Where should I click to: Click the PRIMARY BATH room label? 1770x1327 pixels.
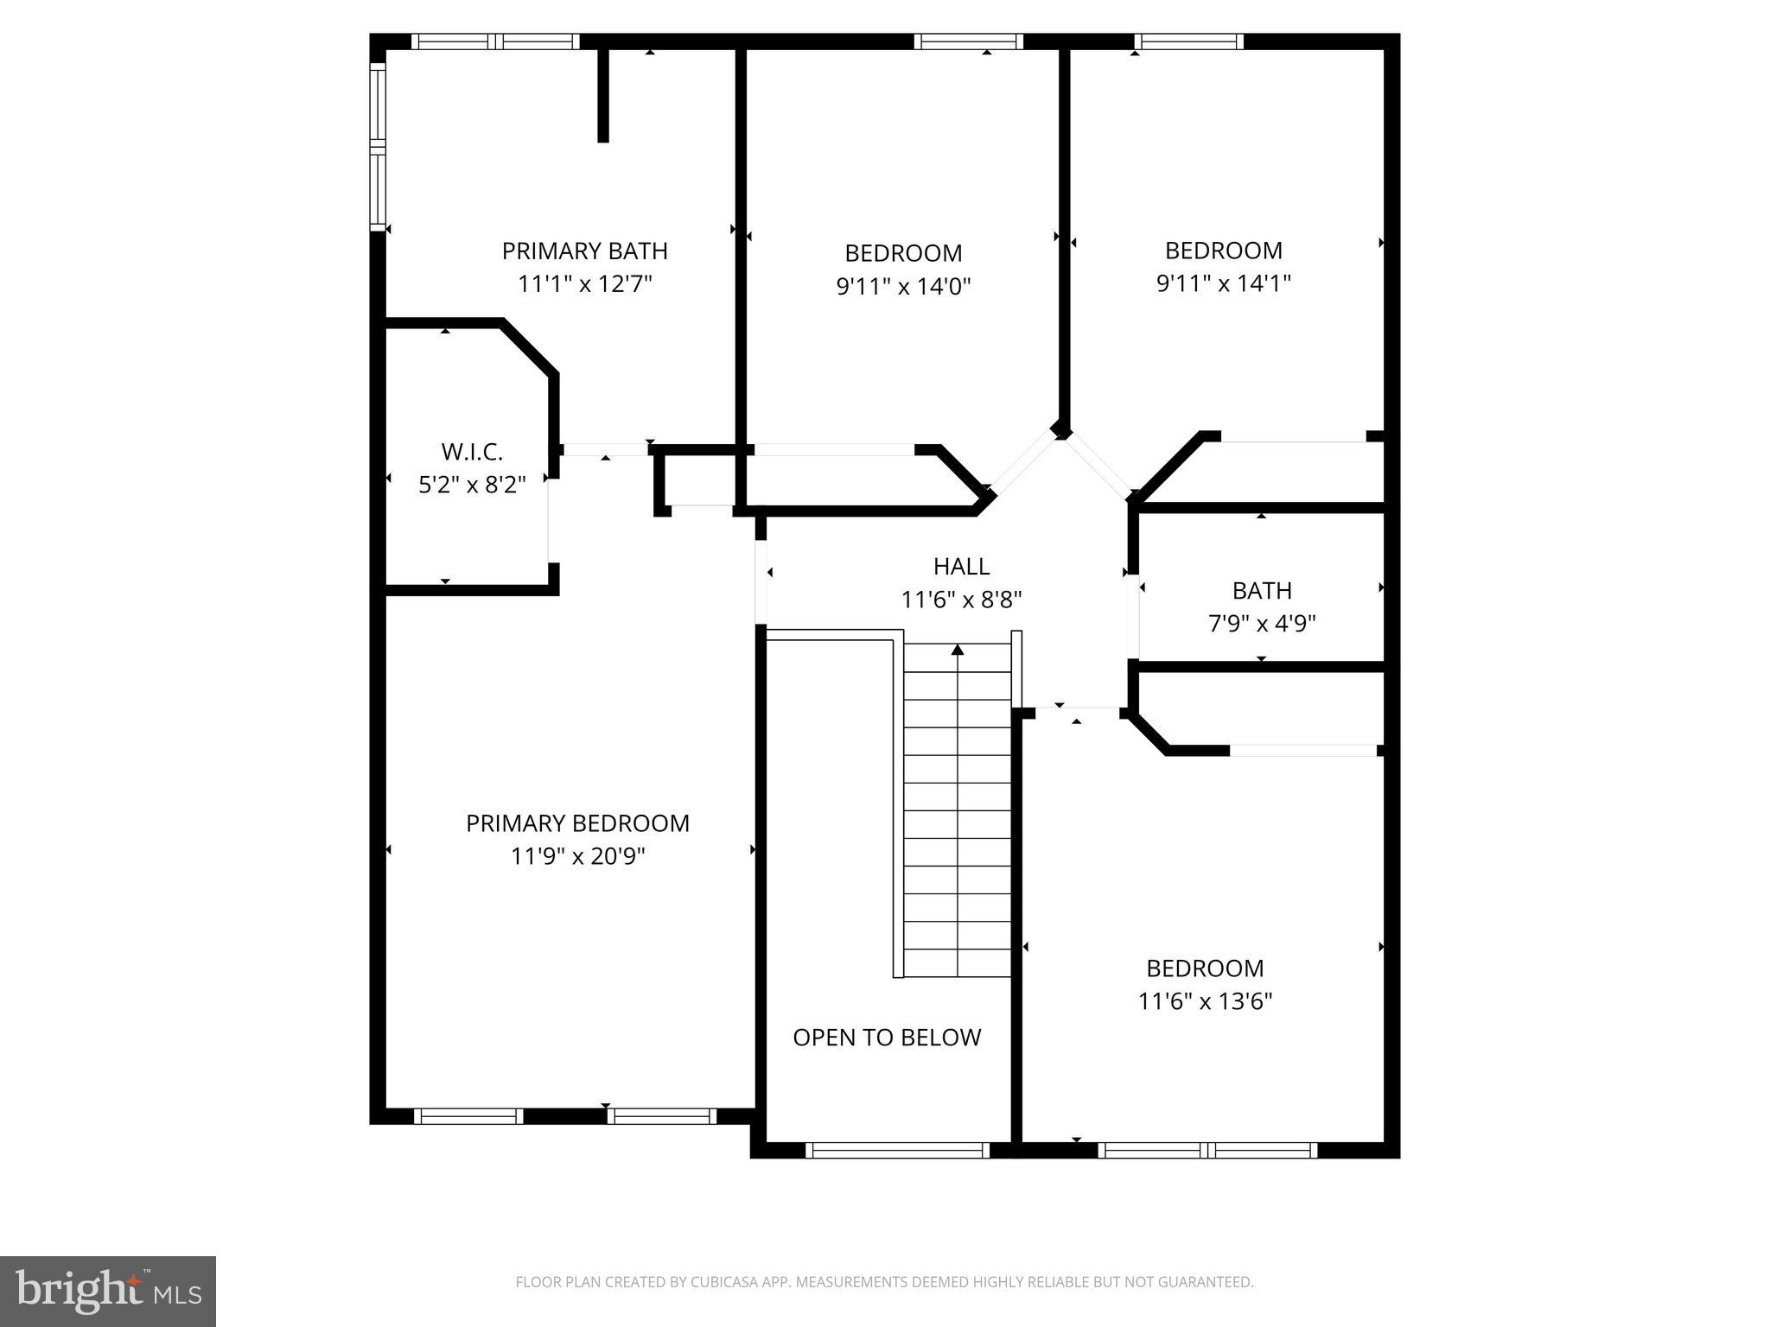tap(584, 251)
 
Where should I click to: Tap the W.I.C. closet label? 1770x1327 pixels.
tap(472, 452)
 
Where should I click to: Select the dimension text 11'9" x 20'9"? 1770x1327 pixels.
tap(577, 856)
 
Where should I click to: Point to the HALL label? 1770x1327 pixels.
tap(961, 567)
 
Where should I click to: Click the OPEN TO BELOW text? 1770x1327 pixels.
tap(887, 1038)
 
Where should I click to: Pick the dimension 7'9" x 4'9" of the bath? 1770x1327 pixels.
tap(1261, 624)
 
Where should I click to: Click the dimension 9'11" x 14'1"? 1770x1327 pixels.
tap(1223, 283)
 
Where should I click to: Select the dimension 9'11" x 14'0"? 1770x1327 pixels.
tap(903, 286)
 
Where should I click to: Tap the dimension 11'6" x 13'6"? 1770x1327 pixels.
tap(1205, 1001)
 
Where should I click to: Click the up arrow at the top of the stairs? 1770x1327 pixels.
tap(958, 650)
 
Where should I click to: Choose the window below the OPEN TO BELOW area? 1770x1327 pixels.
tap(897, 1150)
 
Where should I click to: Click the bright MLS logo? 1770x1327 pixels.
tap(108, 1292)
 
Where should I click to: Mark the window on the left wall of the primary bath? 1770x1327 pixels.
tap(378, 147)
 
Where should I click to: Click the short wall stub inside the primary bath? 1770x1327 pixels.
tap(603, 95)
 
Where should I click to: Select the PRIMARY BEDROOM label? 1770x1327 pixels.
tap(577, 823)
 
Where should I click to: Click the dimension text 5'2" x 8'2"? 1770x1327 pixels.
tap(472, 485)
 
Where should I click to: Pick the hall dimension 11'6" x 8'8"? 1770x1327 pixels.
tap(961, 600)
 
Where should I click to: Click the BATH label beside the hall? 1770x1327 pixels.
tap(1262, 591)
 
